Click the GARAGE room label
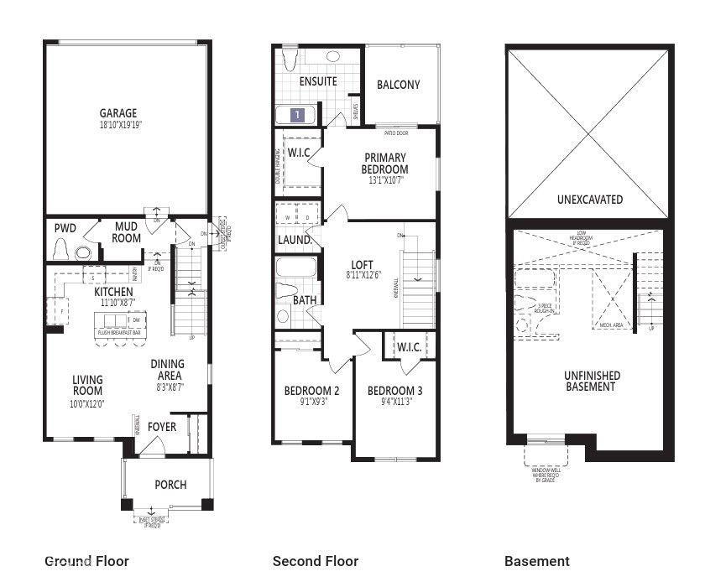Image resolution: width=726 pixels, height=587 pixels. coord(118,113)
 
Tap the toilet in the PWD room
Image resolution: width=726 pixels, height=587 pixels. coord(60,250)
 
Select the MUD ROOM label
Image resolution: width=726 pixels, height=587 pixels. coord(126,232)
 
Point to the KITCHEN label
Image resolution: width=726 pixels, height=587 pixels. coord(113,291)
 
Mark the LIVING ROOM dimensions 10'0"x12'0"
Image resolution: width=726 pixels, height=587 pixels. coord(87,403)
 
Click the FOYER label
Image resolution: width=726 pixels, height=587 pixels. coord(162,427)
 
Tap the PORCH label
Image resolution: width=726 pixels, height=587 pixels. coord(170,485)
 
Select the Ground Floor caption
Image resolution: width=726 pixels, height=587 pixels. coord(86,561)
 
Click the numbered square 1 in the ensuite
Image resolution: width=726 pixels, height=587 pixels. coord(296,115)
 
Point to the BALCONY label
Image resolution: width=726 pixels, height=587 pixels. coord(398,85)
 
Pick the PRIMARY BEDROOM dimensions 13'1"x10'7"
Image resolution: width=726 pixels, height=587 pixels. coord(385,180)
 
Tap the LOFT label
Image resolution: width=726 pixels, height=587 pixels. coord(362,265)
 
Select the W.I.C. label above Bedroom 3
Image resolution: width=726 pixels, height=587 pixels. coord(408,346)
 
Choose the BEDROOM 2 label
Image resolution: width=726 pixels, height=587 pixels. coord(311,391)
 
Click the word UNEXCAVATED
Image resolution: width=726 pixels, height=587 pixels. coord(590,200)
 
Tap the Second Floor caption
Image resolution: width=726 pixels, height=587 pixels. coord(316,561)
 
